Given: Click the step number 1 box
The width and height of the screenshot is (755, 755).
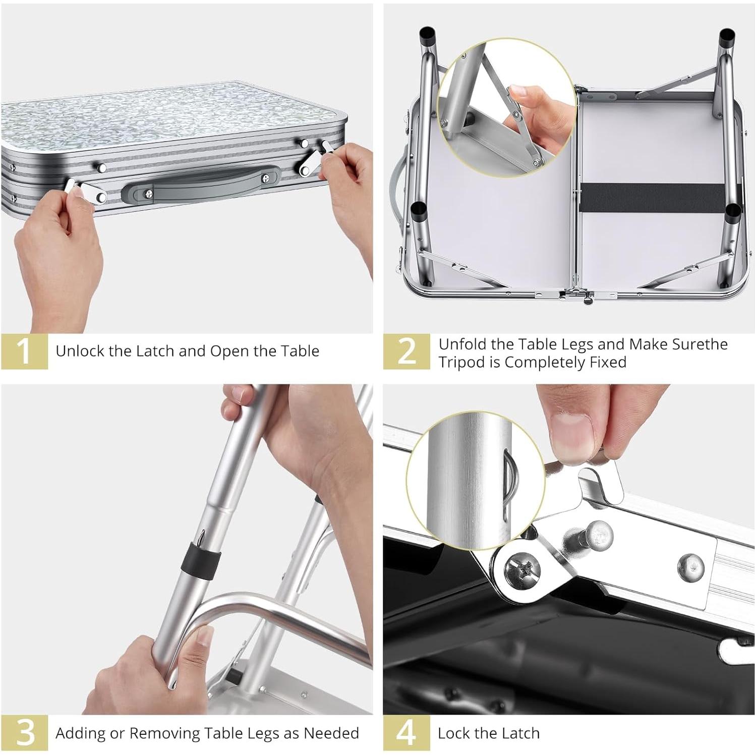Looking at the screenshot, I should tap(24, 351).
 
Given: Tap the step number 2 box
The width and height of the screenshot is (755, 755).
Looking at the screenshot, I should tap(406, 351).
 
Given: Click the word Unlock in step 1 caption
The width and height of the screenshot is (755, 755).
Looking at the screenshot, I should tap(80, 351).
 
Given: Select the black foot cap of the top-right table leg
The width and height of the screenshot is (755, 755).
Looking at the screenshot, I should tap(727, 36).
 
